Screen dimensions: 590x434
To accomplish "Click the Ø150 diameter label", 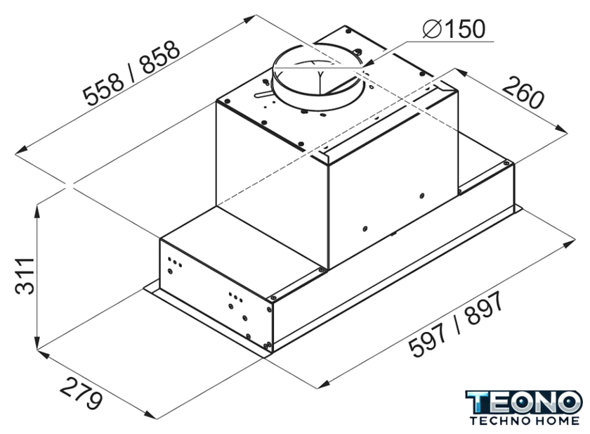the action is (454, 29).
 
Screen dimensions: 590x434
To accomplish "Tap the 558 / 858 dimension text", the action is (131, 73).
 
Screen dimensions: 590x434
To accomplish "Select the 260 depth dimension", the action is (523, 92).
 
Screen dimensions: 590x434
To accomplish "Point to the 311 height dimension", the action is (25, 276).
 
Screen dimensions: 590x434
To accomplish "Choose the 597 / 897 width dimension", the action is (456, 324).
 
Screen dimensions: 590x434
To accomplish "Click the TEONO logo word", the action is (523, 402).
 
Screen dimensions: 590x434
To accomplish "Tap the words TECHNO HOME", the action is (525, 421).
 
